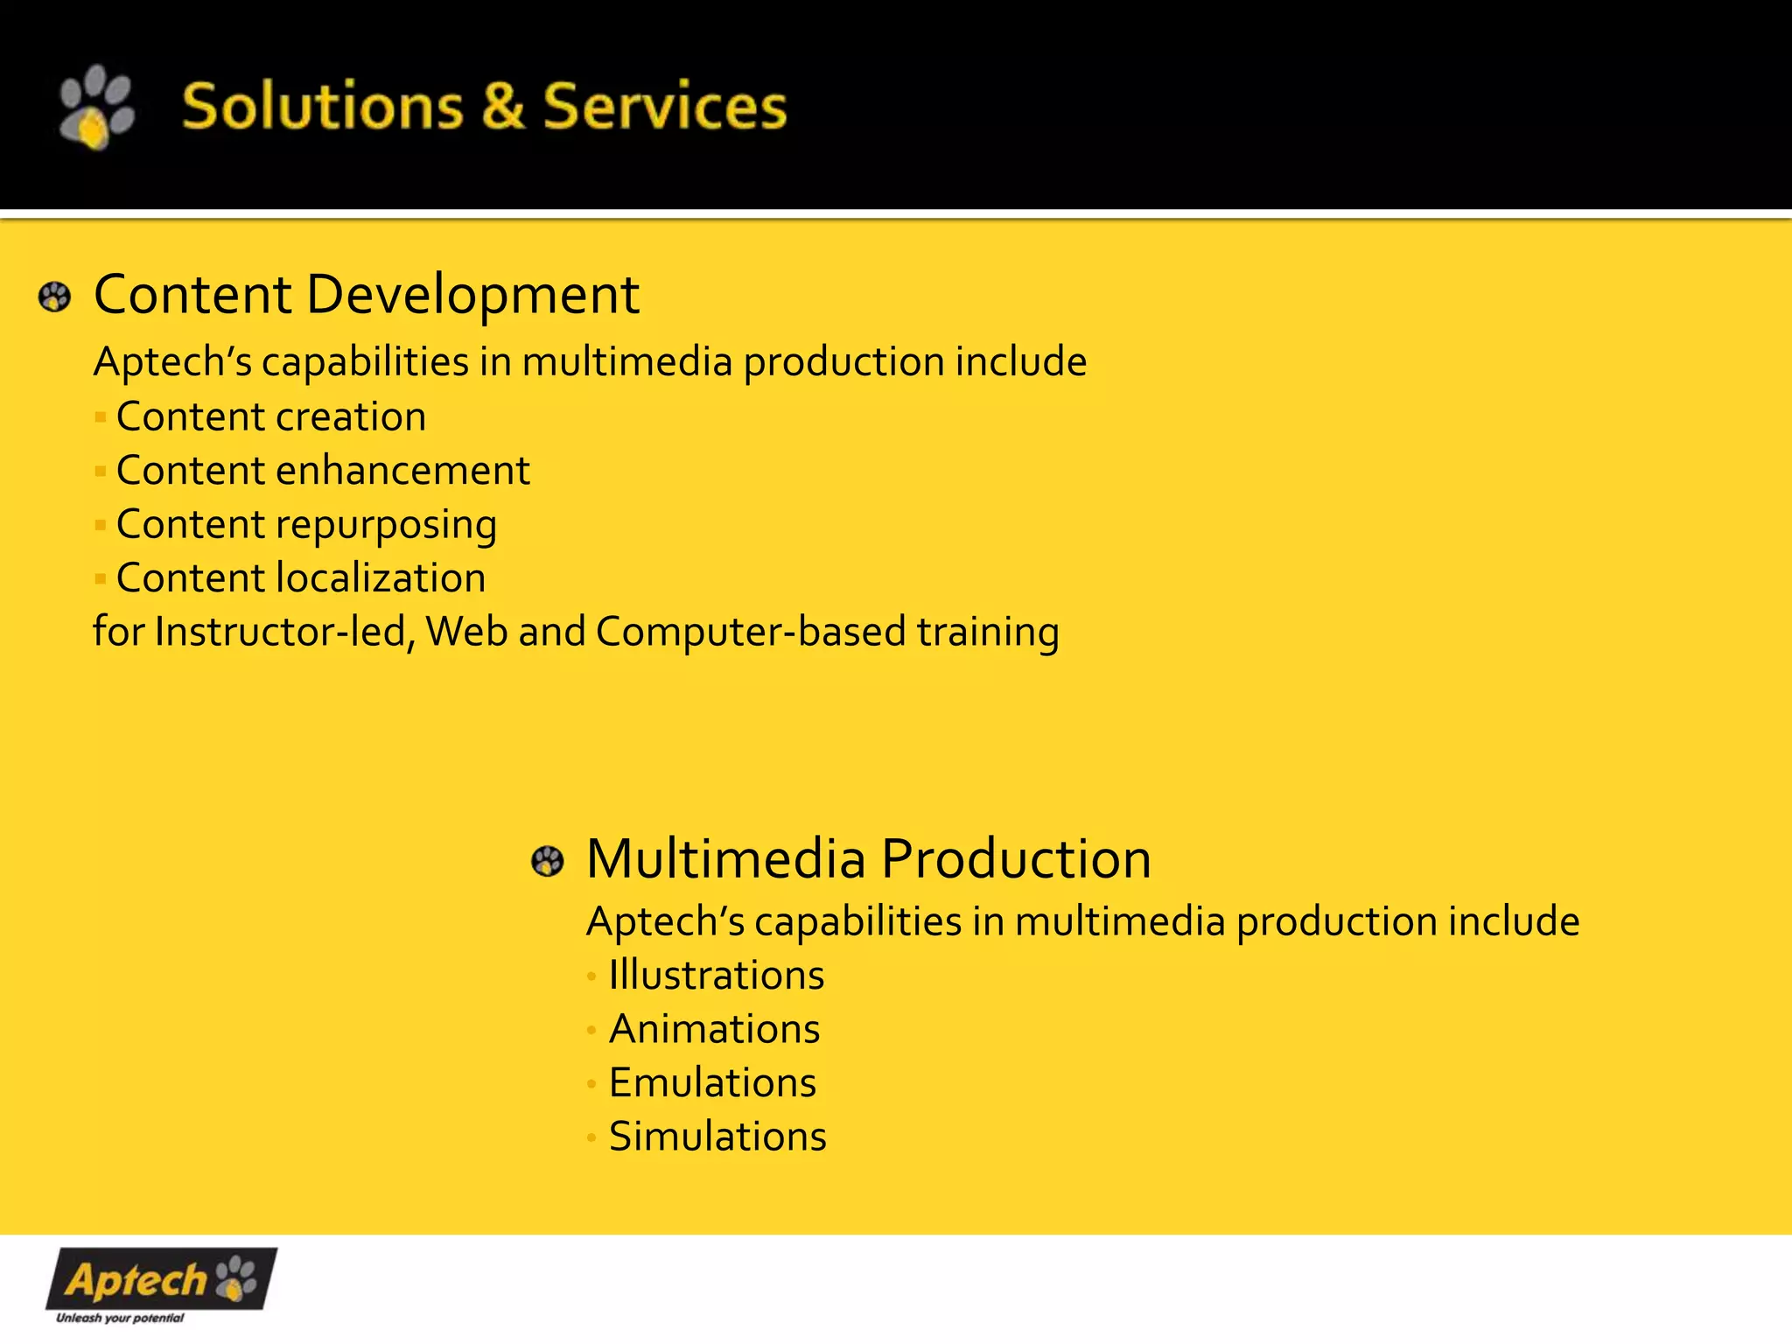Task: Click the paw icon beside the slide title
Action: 96,107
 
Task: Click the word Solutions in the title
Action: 322,107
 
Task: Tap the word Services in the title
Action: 665,107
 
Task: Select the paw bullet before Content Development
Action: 54,297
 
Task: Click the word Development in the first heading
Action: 472,296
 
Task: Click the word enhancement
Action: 402,472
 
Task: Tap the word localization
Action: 381,578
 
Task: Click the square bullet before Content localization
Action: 101,579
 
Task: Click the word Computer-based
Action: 751,632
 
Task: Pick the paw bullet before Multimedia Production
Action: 548,862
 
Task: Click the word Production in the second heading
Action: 1016,859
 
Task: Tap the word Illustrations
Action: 716,976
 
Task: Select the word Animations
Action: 714,1030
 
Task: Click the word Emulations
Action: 712,1083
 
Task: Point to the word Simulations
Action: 717,1137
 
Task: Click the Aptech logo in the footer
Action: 161,1279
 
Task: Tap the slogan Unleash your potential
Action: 120,1318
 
